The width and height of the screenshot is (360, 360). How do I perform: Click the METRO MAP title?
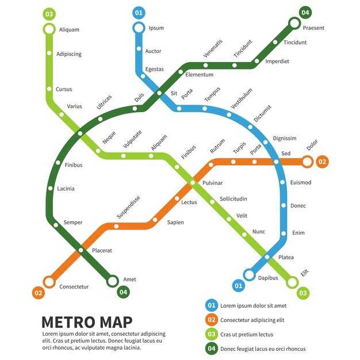(87, 321)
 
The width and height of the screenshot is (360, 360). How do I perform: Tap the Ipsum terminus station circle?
(139, 28)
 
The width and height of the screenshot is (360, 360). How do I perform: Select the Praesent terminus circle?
(294, 24)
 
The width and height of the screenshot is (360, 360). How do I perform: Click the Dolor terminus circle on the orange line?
(307, 162)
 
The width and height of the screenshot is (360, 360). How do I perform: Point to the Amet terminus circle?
(113, 281)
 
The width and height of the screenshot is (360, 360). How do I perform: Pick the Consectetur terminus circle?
(49, 282)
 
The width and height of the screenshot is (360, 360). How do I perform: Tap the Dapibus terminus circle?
(249, 275)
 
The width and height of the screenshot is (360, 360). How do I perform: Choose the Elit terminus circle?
(292, 282)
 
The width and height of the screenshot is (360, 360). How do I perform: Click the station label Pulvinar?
(212, 183)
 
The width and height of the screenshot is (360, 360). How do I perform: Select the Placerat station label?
(102, 251)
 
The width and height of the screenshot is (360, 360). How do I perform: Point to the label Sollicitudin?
(233, 199)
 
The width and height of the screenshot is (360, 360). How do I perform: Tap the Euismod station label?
(301, 183)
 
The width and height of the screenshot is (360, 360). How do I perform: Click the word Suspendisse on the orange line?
(128, 208)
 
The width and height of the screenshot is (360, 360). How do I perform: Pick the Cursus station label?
(64, 90)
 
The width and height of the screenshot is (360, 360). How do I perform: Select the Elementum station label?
(199, 75)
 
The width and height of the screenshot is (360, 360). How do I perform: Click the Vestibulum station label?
(242, 98)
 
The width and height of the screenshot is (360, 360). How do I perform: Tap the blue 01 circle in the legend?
(212, 305)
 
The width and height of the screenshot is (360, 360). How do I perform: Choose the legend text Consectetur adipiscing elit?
(252, 320)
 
